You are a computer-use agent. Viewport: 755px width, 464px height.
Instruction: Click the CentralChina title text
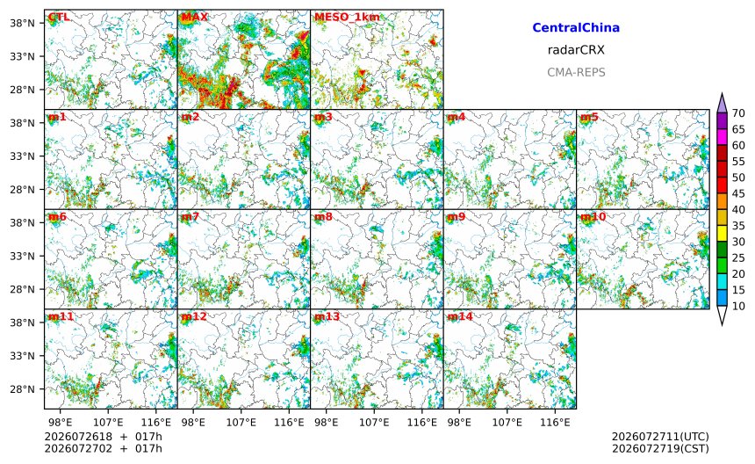coord(576,27)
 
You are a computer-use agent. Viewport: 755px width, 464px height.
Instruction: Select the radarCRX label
coord(576,49)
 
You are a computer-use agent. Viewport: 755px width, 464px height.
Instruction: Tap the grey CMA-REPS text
coord(576,72)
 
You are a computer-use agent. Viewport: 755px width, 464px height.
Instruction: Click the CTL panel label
coord(58,18)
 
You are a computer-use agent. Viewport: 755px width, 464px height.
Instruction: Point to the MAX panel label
coord(194,18)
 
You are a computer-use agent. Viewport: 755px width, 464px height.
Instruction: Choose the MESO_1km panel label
coord(347,18)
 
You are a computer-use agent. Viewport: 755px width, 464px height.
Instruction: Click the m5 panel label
coord(589,117)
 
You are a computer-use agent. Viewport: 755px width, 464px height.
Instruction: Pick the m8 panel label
coord(323,217)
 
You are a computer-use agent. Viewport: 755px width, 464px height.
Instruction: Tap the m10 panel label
coord(593,217)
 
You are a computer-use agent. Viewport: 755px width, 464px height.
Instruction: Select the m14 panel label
coord(460,316)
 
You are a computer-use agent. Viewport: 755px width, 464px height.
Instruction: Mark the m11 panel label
coord(61,316)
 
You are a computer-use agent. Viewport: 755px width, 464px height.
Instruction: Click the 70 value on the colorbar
coord(738,113)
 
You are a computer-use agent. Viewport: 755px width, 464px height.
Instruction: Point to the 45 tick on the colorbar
coord(738,193)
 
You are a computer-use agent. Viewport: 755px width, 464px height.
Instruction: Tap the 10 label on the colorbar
coord(738,306)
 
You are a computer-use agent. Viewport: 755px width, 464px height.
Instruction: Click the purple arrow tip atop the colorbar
coord(722,93)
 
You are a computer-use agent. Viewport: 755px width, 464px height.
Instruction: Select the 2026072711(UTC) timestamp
coord(660,437)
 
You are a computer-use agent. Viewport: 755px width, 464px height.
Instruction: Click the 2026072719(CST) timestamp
coord(660,448)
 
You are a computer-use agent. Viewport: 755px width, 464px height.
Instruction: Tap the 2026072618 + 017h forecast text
coord(103,437)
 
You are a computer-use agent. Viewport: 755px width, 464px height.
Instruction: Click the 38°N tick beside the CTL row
coord(22,23)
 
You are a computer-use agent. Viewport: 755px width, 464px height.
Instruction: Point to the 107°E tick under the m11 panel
coord(108,423)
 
